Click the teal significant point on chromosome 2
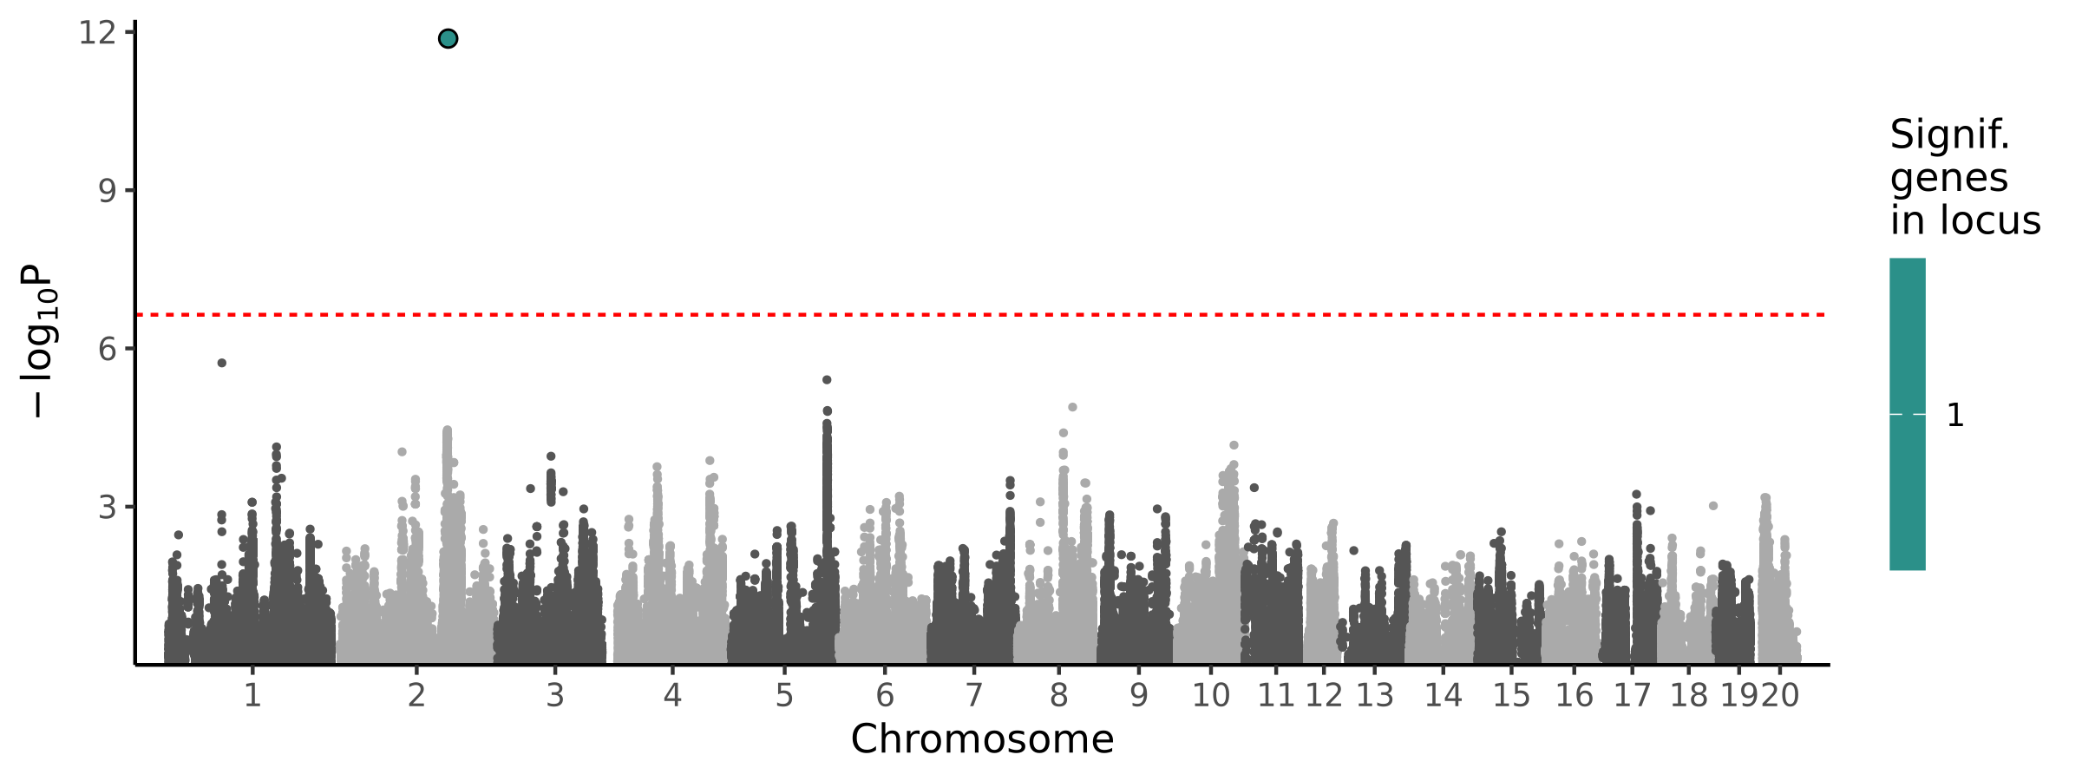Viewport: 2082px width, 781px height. pos(448,38)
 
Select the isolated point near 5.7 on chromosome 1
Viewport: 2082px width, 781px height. pos(222,363)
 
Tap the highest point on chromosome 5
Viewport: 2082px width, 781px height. pos(827,380)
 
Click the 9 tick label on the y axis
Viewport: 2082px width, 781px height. pos(107,190)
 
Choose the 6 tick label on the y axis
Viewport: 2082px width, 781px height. pos(107,349)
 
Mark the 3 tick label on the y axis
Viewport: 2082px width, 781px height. pos(107,507)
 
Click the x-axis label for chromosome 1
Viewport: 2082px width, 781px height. pos(252,695)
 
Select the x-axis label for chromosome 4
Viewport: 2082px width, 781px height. pos(672,695)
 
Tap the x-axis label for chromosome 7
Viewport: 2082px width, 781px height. pos(974,695)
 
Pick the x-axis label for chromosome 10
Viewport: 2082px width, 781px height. pos(1211,695)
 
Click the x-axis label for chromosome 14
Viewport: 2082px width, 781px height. pos(1444,695)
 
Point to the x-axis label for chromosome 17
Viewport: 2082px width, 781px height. pos(1632,695)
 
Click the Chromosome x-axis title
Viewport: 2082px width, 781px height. pos(982,739)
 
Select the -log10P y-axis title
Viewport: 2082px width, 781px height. pos(39,340)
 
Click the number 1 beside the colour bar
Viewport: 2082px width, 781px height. pos(1955,416)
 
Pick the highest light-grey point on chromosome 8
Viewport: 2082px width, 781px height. pos(1072,407)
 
